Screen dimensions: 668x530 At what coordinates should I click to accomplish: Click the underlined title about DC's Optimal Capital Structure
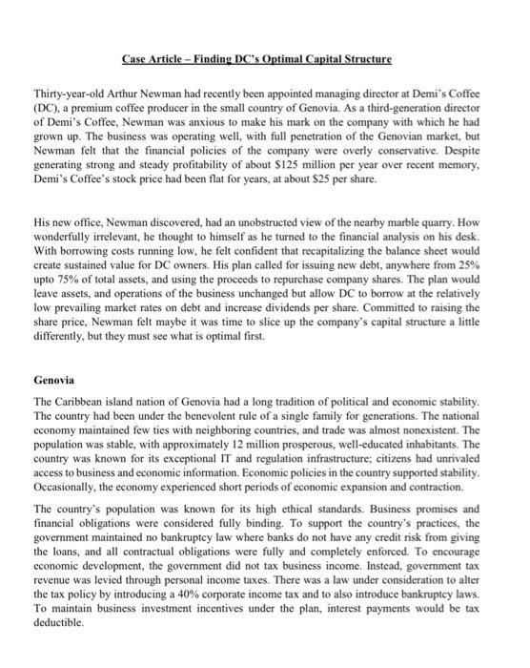coord(256,59)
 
